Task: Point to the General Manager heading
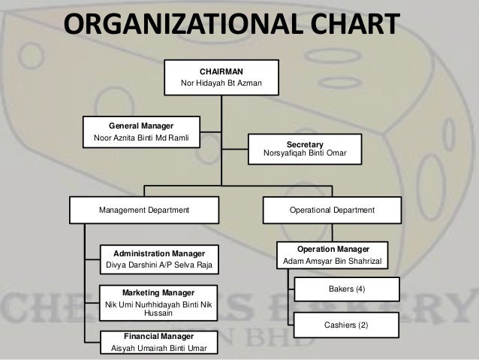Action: click(x=141, y=126)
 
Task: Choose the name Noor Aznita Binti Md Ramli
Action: click(x=141, y=138)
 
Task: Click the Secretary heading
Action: click(x=305, y=144)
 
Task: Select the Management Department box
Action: click(x=144, y=210)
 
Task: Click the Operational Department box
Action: click(x=332, y=210)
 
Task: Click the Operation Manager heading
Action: click(x=332, y=248)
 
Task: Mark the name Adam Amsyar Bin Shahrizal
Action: click(x=332, y=261)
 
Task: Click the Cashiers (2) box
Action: click(x=346, y=325)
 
